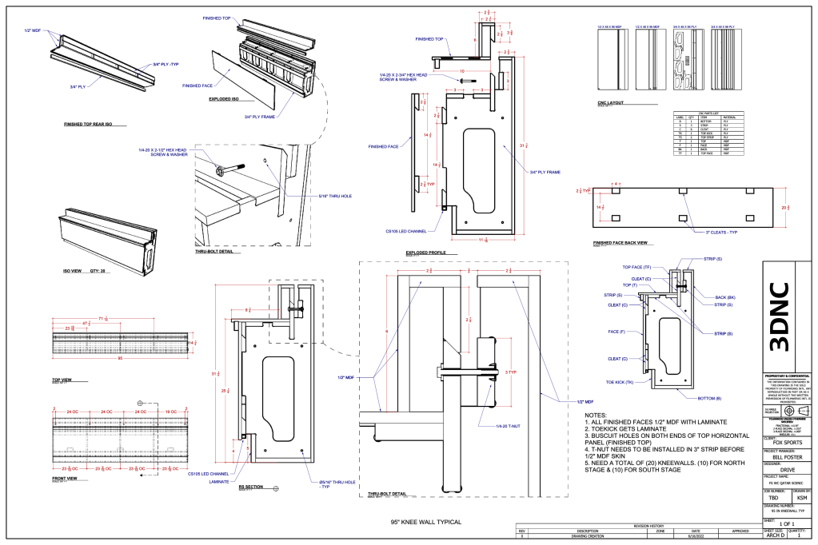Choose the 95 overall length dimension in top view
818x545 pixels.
click(119, 357)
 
